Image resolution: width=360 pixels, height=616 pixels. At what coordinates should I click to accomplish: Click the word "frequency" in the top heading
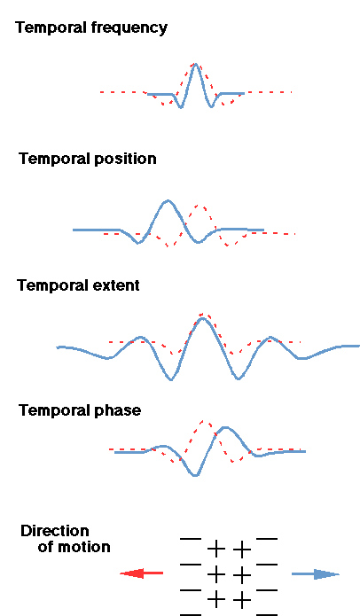click(x=129, y=28)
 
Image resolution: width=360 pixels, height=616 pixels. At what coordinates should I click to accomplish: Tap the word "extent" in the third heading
click(x=116, y=285)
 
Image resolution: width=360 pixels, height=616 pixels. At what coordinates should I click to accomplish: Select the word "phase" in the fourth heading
click(x=118, y=410)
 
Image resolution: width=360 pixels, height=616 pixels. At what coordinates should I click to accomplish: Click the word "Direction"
click(x=55, y=531)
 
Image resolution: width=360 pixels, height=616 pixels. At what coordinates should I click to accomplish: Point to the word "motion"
click(x=83, y=547)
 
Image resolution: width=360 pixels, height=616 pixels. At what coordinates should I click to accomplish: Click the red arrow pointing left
click(x=142, y=573)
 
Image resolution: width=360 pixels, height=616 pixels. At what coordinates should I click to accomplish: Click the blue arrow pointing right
click(x=315, y=574)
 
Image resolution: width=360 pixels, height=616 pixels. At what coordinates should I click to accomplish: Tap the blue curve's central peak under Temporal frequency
click(x=195, y=65)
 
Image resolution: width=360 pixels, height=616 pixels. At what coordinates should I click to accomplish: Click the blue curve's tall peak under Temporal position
click(x=168, y=201)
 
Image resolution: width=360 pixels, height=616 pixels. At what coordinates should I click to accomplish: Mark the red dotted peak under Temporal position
click(x=200, y=207)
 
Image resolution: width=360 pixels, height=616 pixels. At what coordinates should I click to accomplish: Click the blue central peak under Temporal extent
click(x=202, y=318)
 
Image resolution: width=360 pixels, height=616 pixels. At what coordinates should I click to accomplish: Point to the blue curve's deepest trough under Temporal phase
click(x=195, y=475)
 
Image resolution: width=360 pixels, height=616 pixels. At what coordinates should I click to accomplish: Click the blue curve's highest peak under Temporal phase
click(x=225, y=427)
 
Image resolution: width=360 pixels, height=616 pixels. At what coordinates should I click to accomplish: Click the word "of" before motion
click(x=45, y=547)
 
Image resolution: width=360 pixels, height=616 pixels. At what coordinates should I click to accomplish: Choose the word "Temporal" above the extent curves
click(x=53, y=285)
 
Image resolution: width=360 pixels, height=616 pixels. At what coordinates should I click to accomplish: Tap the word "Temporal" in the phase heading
click(x=55, y=410)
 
